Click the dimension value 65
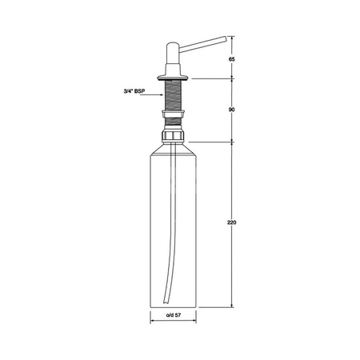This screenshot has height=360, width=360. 232,59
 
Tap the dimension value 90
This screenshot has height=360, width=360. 232,110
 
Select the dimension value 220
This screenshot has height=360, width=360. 232,222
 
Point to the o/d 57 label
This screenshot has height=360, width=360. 174,315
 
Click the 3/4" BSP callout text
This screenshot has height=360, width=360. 134,91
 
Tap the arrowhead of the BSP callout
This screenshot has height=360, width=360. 161,94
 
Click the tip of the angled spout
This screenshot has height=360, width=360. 226,39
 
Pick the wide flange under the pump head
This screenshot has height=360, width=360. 173,78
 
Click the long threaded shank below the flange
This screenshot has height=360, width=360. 173,94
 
